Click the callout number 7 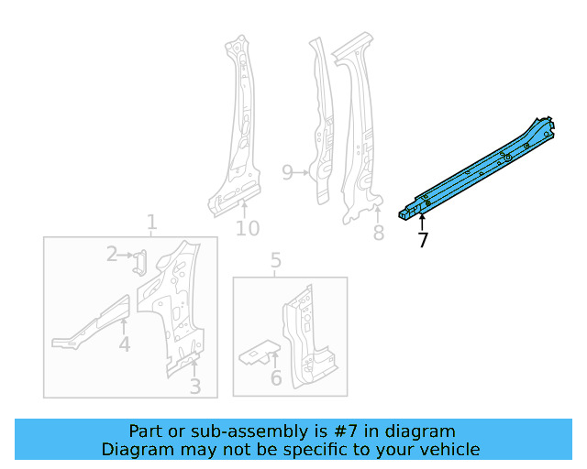pos(422,241)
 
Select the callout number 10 pos(248,228)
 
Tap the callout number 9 pos(287,172)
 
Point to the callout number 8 pos(378,234)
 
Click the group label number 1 pos(151,222)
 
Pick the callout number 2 pos(111,254)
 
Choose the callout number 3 pos(194,387)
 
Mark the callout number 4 pos(124,344)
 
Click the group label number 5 pos(276,263)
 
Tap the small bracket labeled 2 pos(138,263)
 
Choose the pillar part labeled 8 pos(358,137)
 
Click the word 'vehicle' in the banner pos(449,449)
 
